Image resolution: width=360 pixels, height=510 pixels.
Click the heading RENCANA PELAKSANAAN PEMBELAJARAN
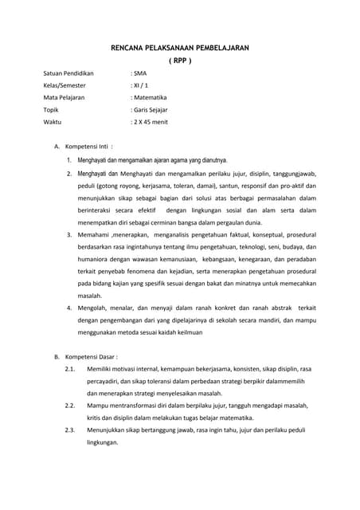coord(180,48)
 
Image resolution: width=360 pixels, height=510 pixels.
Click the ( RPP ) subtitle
coord(180,61)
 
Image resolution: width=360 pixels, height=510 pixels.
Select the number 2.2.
coord(69,406)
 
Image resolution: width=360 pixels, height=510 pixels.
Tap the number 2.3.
coord(69,431)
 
